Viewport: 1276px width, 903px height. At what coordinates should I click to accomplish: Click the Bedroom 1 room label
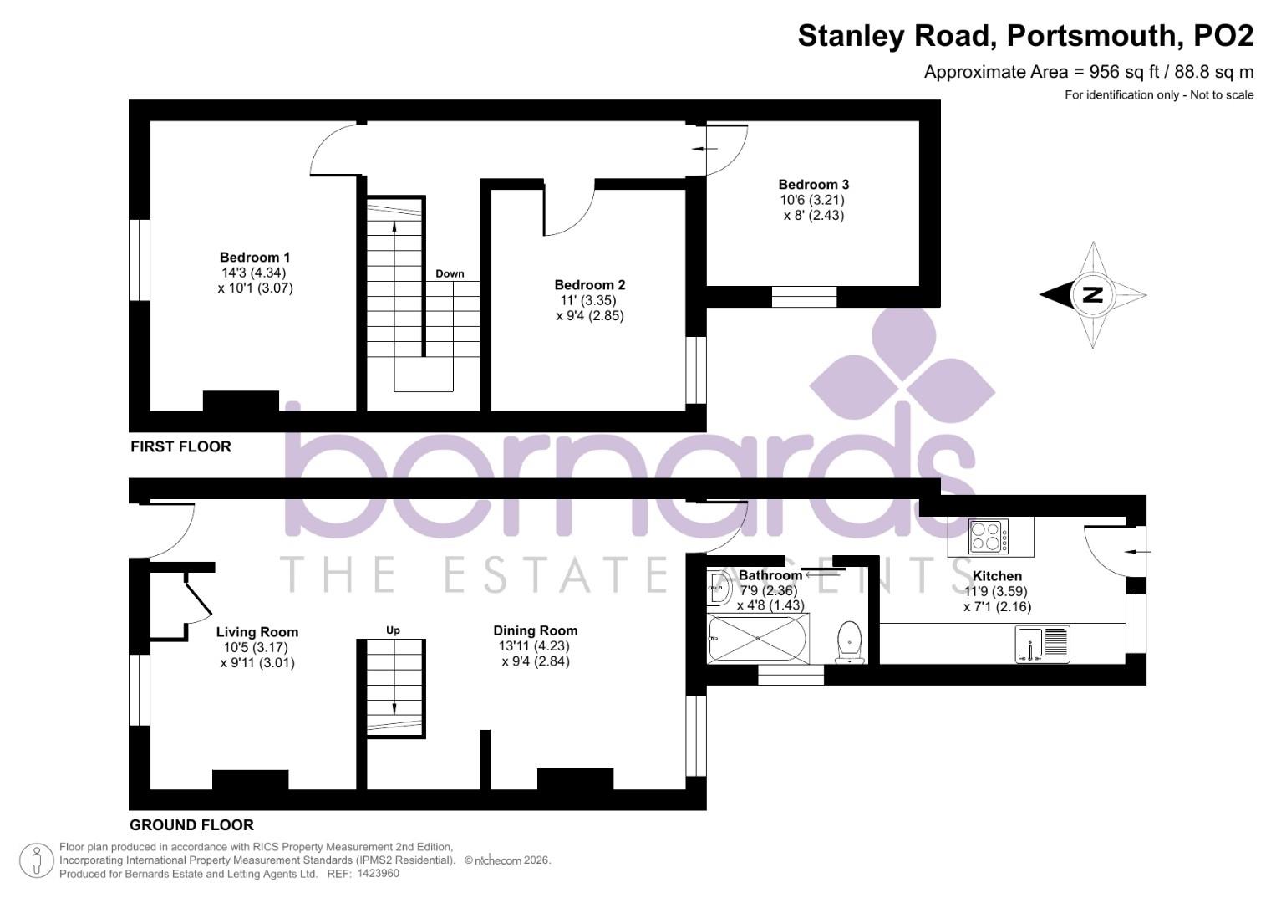255,258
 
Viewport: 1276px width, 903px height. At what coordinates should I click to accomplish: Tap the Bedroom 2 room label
589,285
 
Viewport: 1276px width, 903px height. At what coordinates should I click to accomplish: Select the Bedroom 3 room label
813,185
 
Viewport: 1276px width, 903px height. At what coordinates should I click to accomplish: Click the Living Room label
257,633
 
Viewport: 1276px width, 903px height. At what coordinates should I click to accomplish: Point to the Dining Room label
535,631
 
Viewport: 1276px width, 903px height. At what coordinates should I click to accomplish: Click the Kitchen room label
997,576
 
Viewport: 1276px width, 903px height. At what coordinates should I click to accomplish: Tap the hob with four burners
989,537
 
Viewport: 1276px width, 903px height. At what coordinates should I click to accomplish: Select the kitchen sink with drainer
1043,644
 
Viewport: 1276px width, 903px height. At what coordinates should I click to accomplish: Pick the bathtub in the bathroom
757,639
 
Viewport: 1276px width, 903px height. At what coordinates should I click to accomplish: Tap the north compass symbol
1092,294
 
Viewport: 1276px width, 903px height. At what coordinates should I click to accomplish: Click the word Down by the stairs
450,274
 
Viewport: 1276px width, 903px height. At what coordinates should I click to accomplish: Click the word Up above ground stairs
393,630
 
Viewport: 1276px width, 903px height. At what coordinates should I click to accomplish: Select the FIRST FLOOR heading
180,447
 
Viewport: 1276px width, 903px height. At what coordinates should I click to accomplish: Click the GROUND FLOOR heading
191,825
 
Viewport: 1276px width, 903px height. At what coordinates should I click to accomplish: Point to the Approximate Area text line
1088,72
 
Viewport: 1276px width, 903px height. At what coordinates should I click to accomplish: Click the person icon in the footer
36,860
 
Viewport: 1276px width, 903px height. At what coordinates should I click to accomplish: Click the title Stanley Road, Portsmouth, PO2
1025,36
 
